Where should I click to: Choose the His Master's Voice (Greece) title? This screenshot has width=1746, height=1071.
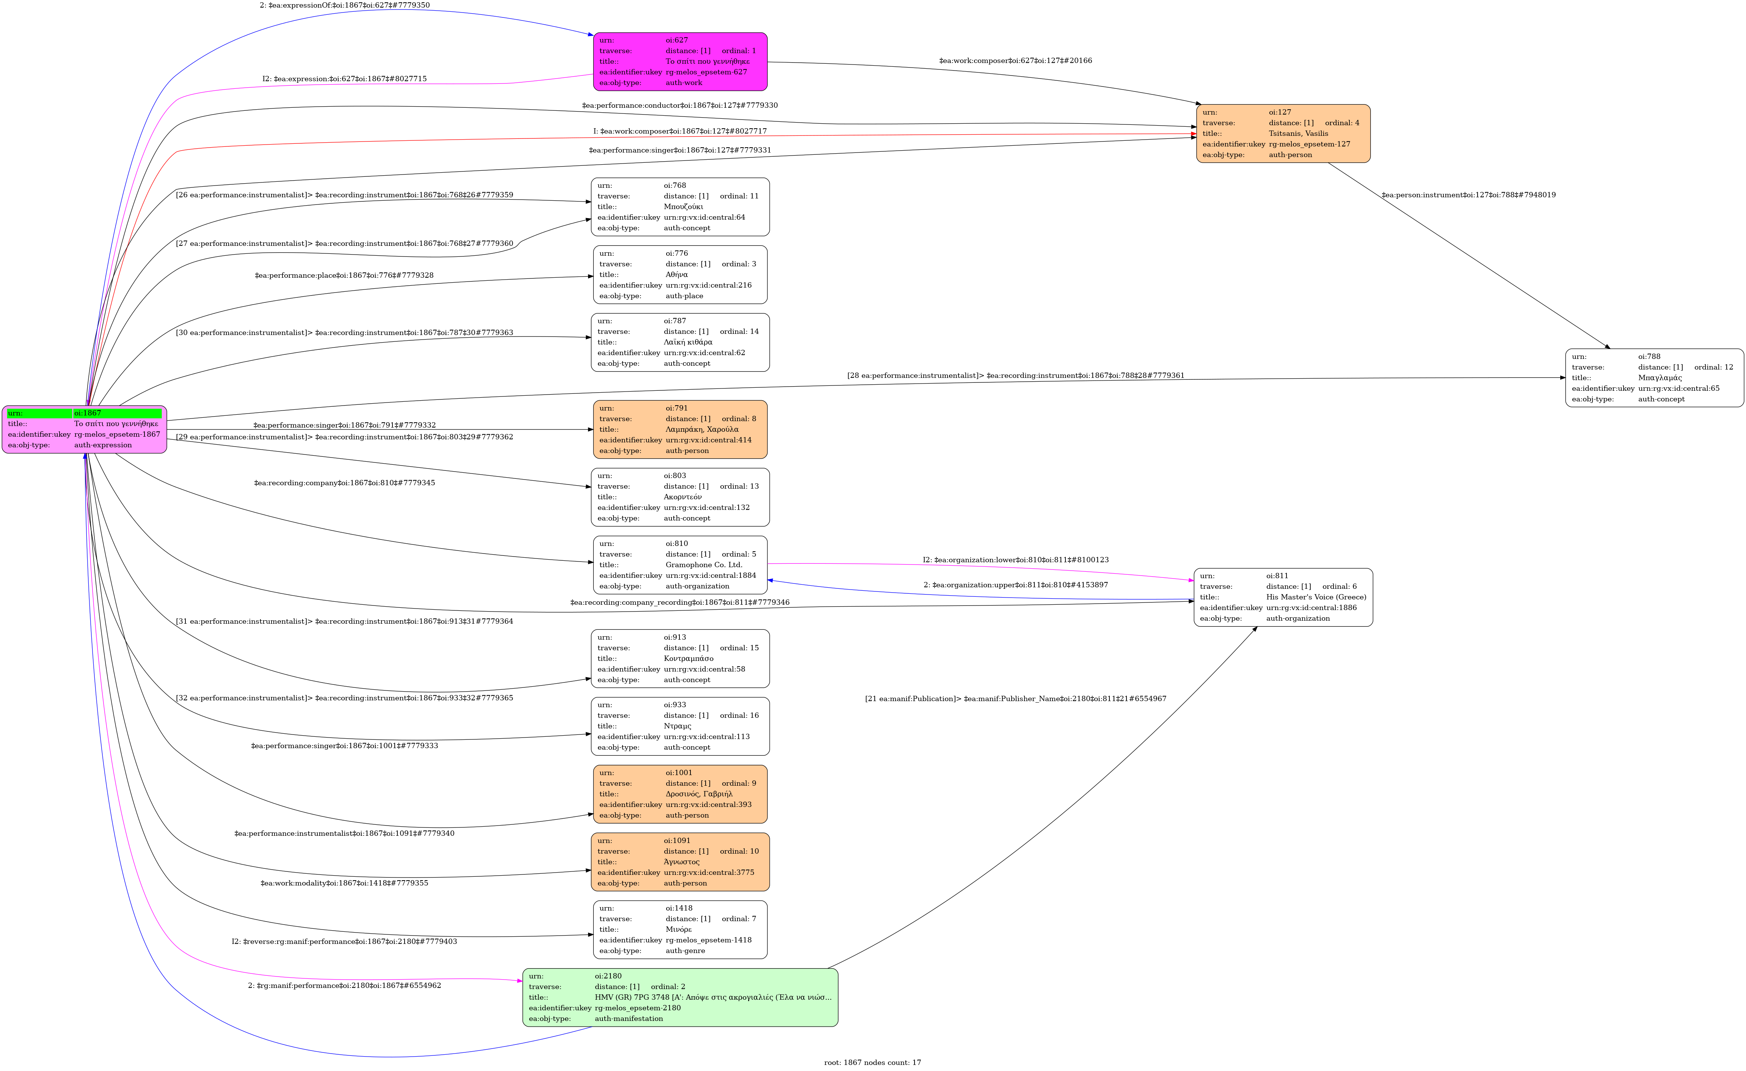1316,597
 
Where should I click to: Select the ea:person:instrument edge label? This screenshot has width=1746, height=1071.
1468,195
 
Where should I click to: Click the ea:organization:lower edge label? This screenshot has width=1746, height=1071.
1015,560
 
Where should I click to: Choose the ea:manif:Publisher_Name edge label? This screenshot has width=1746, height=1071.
1015,699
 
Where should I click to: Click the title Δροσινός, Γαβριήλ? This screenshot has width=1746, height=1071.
699,794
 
